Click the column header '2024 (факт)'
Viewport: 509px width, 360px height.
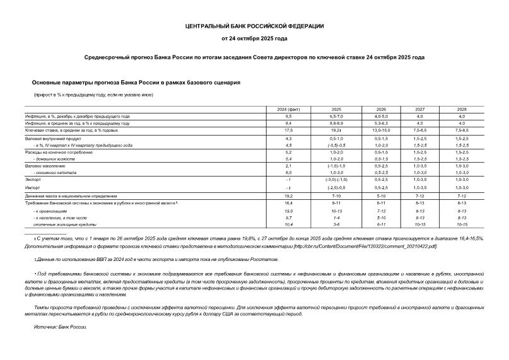click(289, 110)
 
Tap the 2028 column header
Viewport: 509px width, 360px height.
click(461, 110)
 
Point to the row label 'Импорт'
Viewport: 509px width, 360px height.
click(32, 188)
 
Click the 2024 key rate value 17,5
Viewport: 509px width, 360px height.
click(289, 130)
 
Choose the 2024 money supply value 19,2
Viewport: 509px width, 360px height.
click(289, 196)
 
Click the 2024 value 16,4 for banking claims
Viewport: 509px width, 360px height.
click(289, 204)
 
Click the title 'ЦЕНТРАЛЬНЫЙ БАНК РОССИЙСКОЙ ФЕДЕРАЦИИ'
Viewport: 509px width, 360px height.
click(254, 26)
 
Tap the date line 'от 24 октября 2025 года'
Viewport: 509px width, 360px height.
click(254, 38)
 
